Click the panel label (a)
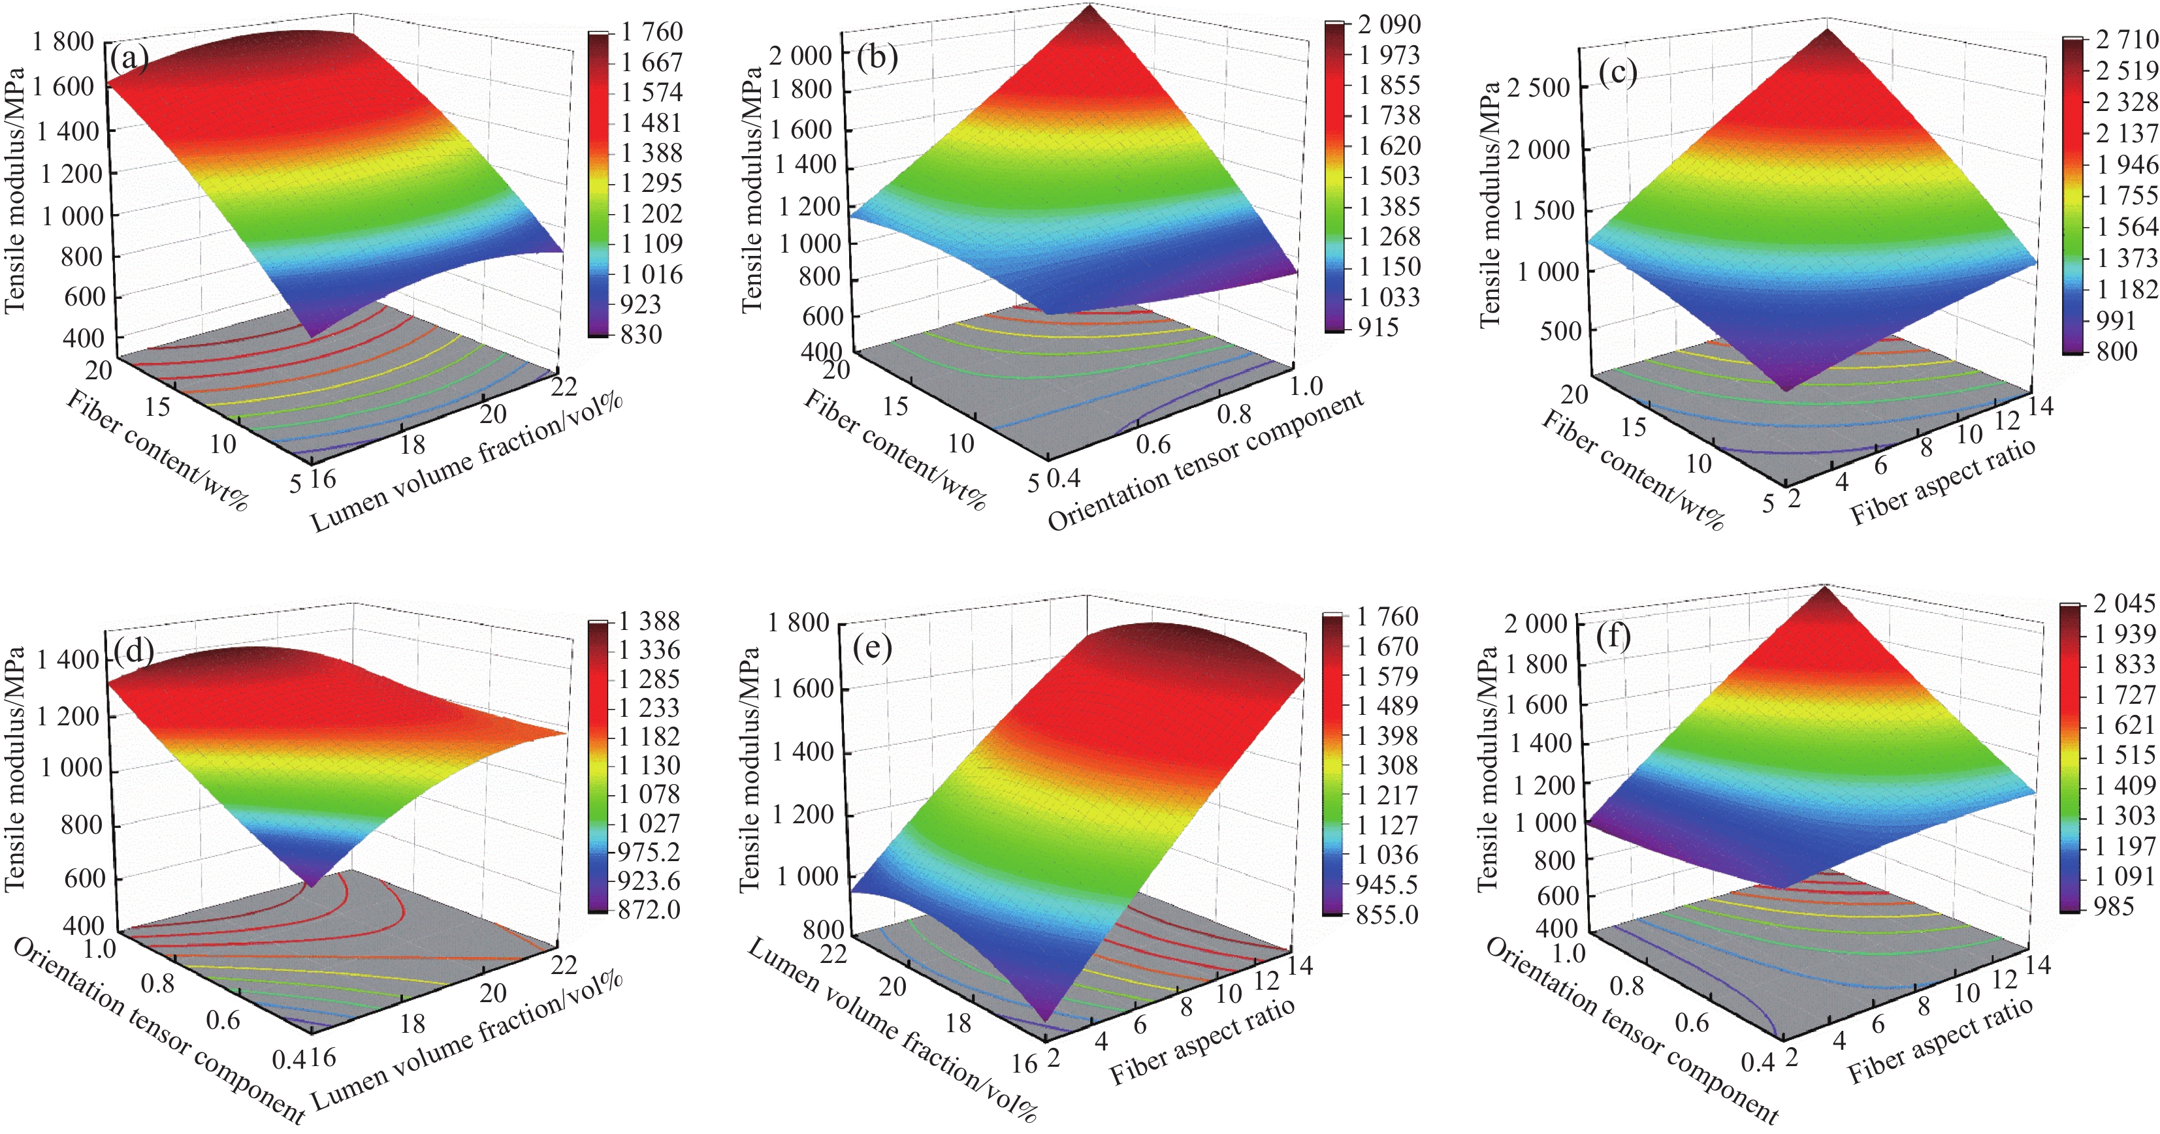coord(129,59)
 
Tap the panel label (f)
coord(1613,637)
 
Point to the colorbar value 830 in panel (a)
coord(641,334)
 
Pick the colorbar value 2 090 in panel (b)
coord(1389,24)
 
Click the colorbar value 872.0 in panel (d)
coord(648,909)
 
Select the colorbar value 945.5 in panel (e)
coord(1386,884)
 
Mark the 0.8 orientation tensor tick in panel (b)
coord(1234,414)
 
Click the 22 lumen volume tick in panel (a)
coord(564,386)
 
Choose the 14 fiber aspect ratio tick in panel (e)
coord(1299,966)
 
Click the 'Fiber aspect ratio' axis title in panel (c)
coord(1942,482)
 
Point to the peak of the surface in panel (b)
coord(1091,6)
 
